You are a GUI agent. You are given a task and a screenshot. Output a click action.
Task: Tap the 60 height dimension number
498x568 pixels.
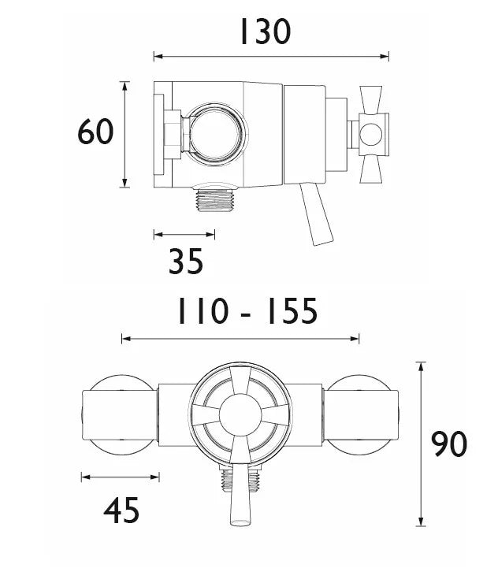click(96, 132)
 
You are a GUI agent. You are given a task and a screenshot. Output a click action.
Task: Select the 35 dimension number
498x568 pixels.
click(186, 261)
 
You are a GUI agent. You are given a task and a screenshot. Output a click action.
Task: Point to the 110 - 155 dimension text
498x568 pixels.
click(246, 312)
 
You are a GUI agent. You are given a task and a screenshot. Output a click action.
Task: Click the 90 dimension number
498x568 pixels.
click(449, 445)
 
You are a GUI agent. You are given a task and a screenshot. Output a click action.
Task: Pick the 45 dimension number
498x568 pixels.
click(121, 511)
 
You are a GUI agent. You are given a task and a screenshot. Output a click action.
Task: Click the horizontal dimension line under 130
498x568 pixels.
click(271, 57)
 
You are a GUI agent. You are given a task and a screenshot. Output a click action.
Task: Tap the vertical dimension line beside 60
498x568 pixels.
click(124, 134)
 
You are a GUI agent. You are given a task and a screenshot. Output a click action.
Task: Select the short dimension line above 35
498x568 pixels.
click(184, 234)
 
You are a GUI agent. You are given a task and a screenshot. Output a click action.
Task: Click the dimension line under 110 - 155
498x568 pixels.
click(240, 339)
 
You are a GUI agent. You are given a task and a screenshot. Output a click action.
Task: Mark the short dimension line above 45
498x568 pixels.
click(121, 476)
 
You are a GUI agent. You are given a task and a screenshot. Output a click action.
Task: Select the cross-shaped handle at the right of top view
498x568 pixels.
click(371, 132)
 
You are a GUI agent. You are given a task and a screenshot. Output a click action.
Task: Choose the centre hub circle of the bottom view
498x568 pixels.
click(240, 414)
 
